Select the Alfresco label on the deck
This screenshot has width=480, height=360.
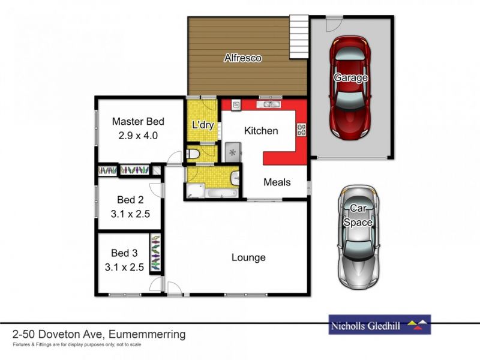242,58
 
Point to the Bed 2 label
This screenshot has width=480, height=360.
130,199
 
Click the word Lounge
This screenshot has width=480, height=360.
248,258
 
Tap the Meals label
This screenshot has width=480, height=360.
277,182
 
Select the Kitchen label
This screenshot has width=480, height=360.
261,131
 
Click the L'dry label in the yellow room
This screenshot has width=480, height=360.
202,125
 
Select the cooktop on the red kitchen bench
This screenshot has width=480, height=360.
301,129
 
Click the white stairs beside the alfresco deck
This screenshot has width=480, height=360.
298,36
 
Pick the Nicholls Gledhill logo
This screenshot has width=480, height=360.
379,326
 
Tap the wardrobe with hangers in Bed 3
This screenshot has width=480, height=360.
155,253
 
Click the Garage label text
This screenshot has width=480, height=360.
350,78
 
